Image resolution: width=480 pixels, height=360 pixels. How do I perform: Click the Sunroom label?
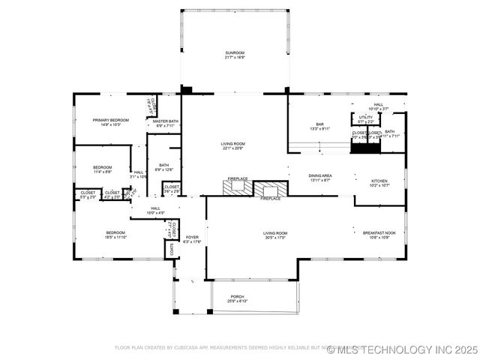tap(235, 52)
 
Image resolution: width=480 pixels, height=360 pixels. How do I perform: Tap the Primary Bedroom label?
tap(110, 120)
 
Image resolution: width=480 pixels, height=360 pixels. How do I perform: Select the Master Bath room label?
tap(165, 121)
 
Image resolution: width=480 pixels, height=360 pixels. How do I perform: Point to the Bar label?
tap(319, 124)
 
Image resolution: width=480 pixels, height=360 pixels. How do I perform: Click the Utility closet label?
tap(365, 117)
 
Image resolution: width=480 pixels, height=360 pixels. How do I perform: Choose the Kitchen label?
tap(379, 181)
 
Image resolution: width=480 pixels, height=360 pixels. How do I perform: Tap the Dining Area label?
tap(320, 175)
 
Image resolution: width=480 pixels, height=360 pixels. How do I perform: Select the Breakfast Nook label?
tap(379, 233)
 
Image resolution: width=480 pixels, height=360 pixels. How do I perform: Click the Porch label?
tap(237, 296)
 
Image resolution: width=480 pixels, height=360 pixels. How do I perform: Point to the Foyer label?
tap(193, 237)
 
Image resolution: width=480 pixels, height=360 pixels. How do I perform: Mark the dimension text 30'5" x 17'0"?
tap(275, 238)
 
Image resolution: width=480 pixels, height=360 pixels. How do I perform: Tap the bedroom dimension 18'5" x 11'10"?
tap(115, 238)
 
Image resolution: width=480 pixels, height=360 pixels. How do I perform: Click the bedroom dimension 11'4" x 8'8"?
tap(103, 172)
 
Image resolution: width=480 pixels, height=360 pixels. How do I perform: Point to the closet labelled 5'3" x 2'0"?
tap(88, 197)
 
